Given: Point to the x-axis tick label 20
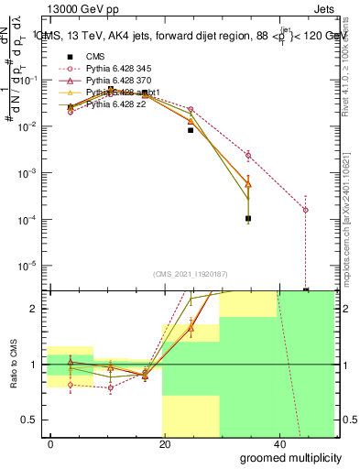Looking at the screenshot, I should pyautogui.click(x=165, y=442).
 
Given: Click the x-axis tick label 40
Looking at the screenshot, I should pyautogui.click(x=279, y=442).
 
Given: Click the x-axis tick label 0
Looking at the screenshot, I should pyautogui.click(x=50, y=442).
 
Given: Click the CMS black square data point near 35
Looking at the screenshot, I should pyautogui.click(x=248, y=218).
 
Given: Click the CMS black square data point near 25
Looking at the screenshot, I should pyautogui.click(x=191, y=130).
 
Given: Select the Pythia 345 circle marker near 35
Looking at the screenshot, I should pyautogui.click(x=248, y=155).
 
